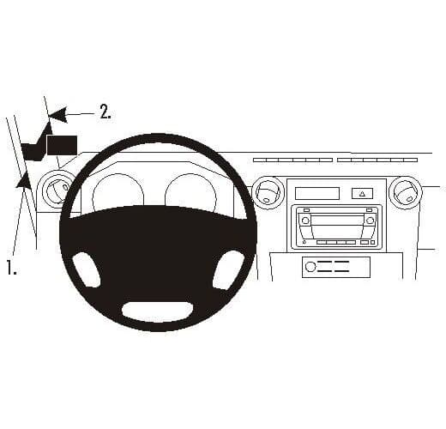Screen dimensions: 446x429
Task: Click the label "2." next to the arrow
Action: [105, 112]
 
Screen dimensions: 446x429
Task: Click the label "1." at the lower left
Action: [11, 268]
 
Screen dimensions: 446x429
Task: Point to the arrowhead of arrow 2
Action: [58, 115]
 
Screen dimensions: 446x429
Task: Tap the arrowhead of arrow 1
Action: [24, 179]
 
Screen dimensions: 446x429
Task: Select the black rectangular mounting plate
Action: [62, 145]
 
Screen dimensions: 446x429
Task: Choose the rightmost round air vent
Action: [406, 192]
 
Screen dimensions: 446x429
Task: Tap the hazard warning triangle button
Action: [362, 194]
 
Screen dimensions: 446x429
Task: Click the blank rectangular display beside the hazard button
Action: [317, 193]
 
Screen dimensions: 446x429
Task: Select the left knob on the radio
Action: [305, 221]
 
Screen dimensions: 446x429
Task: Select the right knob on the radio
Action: [371, 220]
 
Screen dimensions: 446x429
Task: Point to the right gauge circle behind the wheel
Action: [190, 192]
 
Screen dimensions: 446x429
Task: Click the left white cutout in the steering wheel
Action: [87, 269]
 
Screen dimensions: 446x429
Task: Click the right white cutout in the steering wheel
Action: [228, 269]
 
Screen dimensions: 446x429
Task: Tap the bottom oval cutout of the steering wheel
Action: [158, 311]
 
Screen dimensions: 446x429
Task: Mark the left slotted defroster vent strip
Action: [292, 160]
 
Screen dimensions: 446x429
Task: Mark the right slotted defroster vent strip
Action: [377, 160]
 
